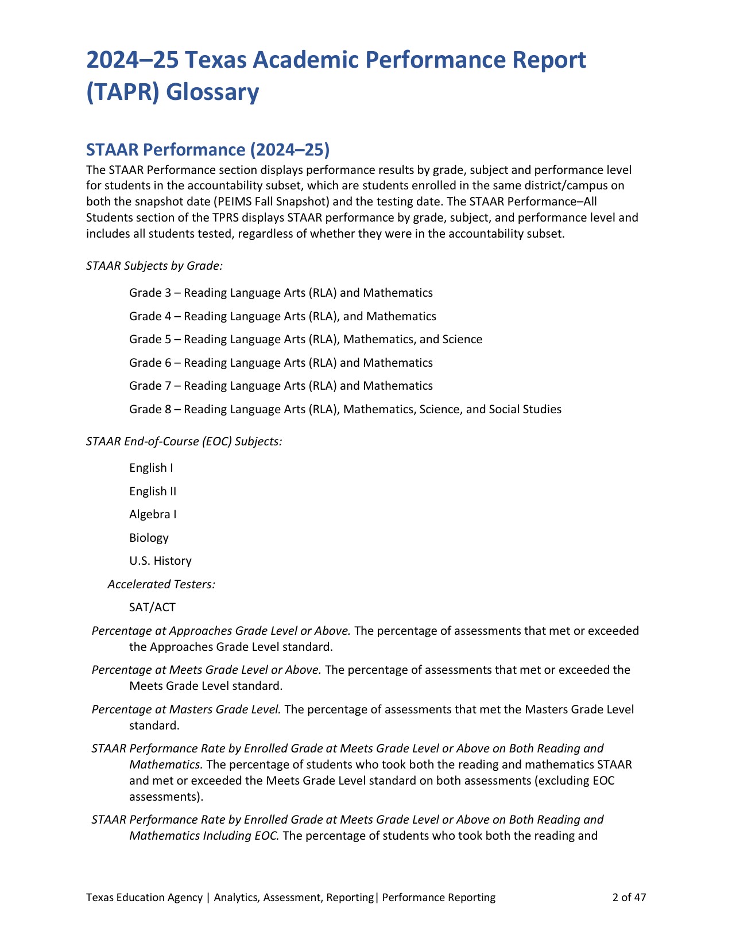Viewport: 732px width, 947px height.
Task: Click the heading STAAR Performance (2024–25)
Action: pyautogui.click(x=208, y=150)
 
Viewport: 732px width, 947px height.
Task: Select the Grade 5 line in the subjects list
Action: pyautogui.click(x=305, y=339)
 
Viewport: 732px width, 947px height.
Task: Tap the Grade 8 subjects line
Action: pyautogui.click(x=345, y=409)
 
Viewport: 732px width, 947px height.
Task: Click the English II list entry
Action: pyautogui.click(x=153, y=491)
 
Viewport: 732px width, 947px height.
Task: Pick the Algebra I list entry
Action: pyautogui.click(x=153, y=514)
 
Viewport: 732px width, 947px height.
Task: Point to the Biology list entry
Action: pyautogui.click(x=149, y=538)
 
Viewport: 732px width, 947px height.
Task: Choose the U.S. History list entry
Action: pyautogui.click(x=160, y=561)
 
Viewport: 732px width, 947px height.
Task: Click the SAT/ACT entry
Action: pyautogui.click(x=152, y=607)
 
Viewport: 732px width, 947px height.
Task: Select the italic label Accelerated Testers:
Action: pyautogui.click(x=161, y=584)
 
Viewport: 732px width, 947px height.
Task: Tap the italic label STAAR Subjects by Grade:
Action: pyautogui.click(x=154, y=266)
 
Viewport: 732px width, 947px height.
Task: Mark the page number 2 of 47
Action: pyautogui.click(x=629, y=898)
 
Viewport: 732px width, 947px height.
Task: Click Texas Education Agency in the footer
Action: pyautogui.click(x=144, y=898)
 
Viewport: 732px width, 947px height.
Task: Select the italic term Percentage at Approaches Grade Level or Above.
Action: pyautogui.click(x=221, y=631)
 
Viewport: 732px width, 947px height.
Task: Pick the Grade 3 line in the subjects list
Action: pyautogui.click(x=281, y=293)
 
